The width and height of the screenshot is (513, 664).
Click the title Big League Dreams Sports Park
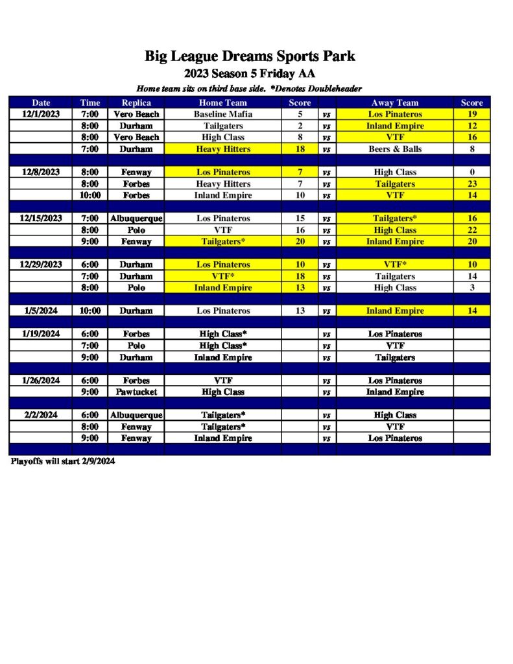coord(250,56)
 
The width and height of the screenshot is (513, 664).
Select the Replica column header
coord(136,102)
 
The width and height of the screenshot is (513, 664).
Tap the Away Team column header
coord(394,102)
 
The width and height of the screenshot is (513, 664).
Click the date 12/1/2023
coord(41,114)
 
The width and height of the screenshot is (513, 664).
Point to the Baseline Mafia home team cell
coord(222,114)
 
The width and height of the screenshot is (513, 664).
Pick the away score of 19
coord(471,114)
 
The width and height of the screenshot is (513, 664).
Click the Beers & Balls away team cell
coord(394,149)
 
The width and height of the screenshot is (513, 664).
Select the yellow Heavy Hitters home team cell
coord(222,149)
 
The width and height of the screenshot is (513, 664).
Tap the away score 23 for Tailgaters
coord(471,184)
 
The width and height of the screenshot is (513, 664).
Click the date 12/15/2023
coord(41,219)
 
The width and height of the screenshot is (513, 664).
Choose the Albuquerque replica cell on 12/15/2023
coord(136,219)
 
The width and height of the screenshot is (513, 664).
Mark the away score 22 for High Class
coord(471,230)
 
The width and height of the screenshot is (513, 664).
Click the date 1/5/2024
coord(41,311)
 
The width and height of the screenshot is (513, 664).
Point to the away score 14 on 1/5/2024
coord(471,311)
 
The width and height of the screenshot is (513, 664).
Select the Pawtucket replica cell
coord(136,392)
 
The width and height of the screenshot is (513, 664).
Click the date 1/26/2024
coord(41,381)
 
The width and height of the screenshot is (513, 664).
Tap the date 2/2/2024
coord(41,415)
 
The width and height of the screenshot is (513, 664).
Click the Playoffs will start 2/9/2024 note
coord(63,462)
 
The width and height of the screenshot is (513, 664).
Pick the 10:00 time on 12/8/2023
coord(90,195)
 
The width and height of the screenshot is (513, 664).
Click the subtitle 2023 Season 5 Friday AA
coord(250,73)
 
